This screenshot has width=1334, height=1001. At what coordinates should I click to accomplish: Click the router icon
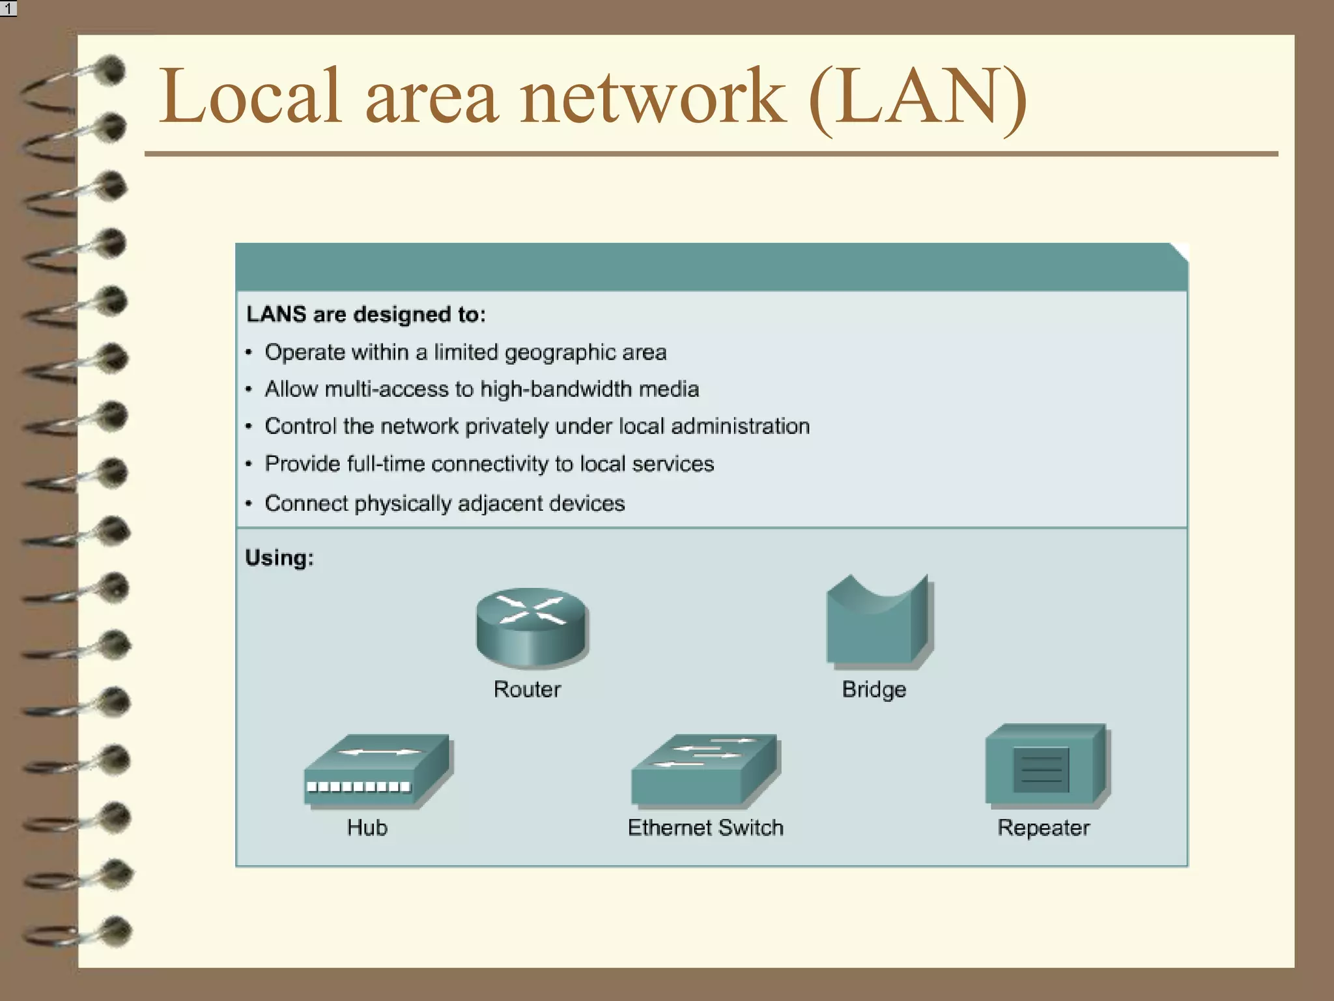click(532, 627)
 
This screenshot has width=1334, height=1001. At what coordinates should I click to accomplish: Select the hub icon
click(376, 772)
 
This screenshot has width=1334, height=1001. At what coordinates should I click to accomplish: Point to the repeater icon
click(1045, 766)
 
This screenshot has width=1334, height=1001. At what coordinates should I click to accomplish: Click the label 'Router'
click(527, 689)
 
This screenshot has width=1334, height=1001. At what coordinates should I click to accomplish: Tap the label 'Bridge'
click(874, 689)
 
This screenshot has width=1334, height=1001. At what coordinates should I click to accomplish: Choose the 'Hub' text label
click(367, 828)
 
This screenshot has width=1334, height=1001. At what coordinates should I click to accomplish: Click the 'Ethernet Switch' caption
click(705, 828)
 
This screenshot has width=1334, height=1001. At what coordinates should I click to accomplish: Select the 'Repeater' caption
click(1043, 828)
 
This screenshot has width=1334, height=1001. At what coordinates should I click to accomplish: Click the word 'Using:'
click(279, 558)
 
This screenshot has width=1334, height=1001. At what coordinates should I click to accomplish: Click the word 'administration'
click(740, 426)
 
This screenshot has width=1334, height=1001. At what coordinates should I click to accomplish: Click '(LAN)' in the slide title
click(917, 98)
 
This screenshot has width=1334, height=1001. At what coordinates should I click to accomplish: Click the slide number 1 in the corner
click(8, 8)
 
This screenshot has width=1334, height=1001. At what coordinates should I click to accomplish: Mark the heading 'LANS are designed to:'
click(366, 315)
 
